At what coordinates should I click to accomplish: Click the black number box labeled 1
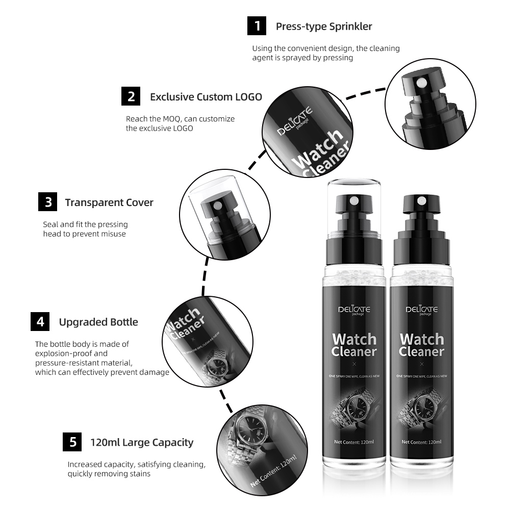257,25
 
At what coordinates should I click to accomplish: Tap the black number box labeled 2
131,96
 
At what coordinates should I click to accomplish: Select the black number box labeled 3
48,201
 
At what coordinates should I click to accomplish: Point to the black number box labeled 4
40,321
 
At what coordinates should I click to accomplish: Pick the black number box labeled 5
72,442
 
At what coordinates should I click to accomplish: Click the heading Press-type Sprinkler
324,27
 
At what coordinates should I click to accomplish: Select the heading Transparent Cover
109,202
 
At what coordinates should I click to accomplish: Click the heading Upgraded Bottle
98,322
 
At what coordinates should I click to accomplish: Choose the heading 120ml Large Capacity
142,442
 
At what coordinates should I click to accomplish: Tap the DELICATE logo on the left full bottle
354,310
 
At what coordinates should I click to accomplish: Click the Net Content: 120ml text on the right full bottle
422,442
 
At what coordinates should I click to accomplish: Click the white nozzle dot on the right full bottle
422,200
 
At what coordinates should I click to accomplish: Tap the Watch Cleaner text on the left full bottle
354,345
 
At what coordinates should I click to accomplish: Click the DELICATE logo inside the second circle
295,121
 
